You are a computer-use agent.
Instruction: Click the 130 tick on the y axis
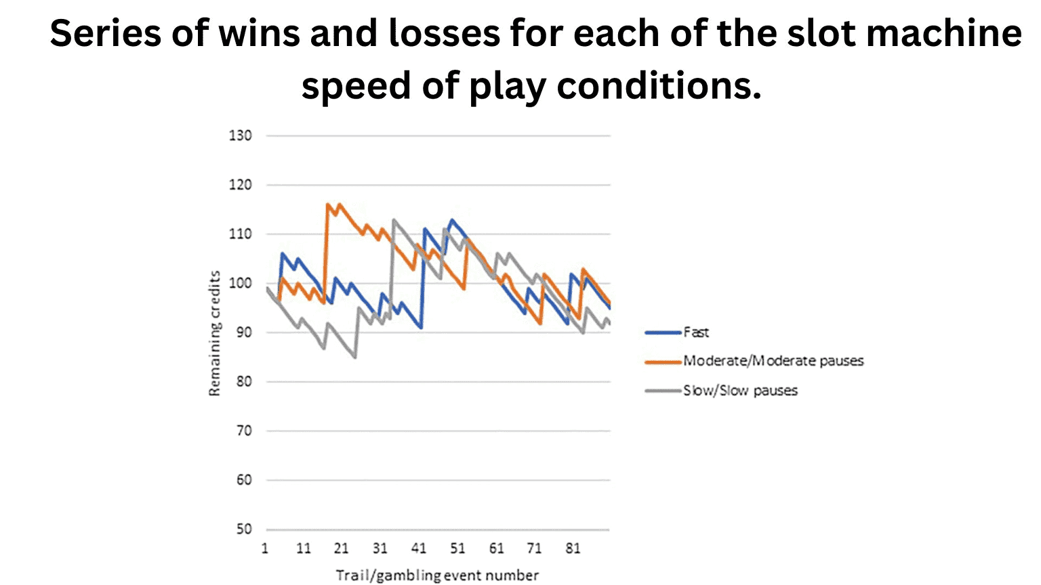[240, 135]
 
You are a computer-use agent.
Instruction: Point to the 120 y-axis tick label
[240, 185]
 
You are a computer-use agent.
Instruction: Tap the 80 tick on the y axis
[244, 382]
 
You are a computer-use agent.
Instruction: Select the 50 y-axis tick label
[244, 529]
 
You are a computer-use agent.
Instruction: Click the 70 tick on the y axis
[244, 431]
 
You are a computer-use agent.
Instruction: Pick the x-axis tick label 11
[303, 548]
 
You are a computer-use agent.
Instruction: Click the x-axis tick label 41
[419, 548]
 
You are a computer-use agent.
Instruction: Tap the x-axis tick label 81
[573, 548]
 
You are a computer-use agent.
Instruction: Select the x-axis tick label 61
[496, 548]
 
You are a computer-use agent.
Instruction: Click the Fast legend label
[696, 332]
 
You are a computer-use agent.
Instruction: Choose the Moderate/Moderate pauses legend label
[773, 361]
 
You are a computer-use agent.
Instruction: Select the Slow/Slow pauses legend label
[740, 391]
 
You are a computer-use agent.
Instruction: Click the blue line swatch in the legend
[663, 332]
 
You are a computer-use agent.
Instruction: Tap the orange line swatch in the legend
[663, 362]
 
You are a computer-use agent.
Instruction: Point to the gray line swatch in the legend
[663, 391]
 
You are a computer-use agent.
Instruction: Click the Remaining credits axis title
[215, 333]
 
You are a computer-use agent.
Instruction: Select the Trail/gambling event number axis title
[437, 576]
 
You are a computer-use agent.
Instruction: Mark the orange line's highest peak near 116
[328, 204]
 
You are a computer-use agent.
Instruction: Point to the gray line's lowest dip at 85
[355, 357]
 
